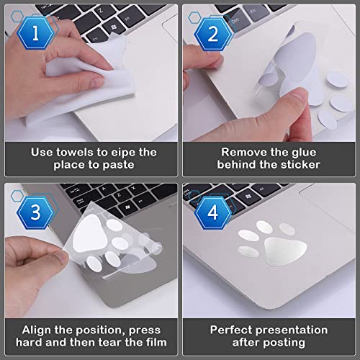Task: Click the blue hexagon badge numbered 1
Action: click(x=35, y=33)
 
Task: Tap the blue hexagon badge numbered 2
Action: click(x=213, y=34)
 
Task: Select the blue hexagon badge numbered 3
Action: click(x=35, y=212)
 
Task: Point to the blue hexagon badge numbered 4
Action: click(x=213, y=212)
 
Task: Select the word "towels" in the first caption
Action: click(x=75, y=153)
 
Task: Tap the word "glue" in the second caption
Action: click(x=304, y=153)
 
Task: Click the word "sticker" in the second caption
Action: click(x=301, y=165)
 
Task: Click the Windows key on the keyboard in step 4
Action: click(x=248, y=197)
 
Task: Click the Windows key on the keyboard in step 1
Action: click(x=114, y=27)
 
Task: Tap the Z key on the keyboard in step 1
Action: click(x=101, y=10)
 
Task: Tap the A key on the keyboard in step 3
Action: click(x=104, y=189)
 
